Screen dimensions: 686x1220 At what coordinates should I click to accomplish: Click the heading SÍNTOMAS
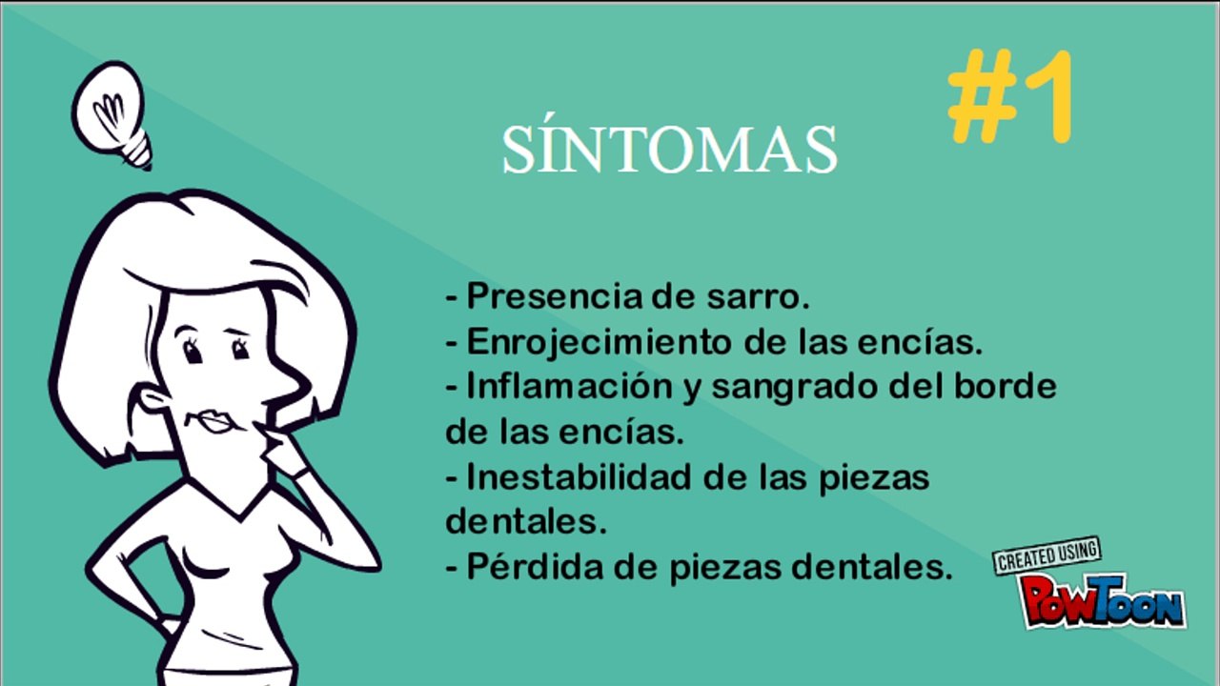pos(669,150)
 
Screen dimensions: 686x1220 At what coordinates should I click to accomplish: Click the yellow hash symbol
pos(981,97)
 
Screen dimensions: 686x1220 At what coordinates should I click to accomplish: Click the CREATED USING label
pos(1047,556)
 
